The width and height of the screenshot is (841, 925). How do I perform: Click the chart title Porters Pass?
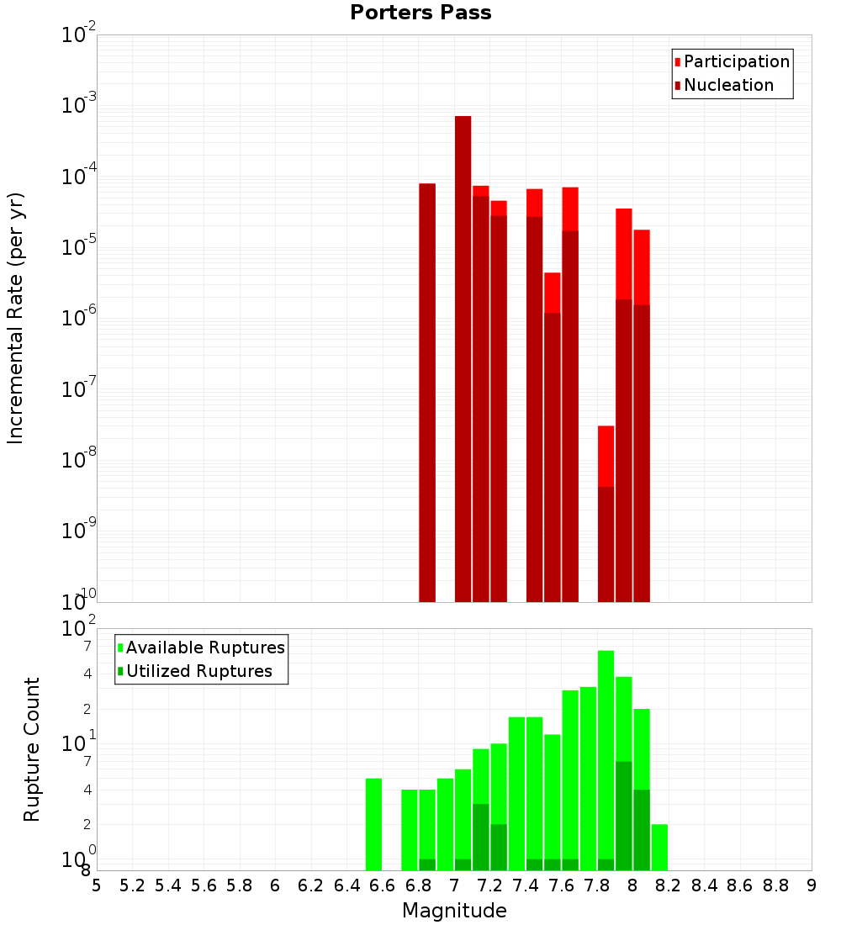click(x=420, y=13)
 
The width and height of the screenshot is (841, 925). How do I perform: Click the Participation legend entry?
click(x=736, y=61)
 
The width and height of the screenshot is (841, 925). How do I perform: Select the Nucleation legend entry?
click(x=727, y=85)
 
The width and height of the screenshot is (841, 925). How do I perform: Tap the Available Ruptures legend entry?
click(x=204, y=647)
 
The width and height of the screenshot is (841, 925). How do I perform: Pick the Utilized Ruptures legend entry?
click(x=198, y=671)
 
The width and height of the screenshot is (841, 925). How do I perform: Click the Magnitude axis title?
click(x=454, y=911)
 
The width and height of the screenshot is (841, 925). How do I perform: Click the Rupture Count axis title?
click(x=32, y=748)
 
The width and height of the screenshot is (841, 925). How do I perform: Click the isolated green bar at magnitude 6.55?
click(x=373, y=824)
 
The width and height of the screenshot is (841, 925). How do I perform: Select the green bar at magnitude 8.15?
click(x=659, y=847)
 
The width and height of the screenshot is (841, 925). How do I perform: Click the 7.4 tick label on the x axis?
click(x=526, y=885)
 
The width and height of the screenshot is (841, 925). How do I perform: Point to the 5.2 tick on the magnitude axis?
click(x=132, y=885)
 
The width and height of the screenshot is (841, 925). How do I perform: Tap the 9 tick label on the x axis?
click(x=812, y=885)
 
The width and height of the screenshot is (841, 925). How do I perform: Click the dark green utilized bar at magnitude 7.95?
click(x=623, y=816)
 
